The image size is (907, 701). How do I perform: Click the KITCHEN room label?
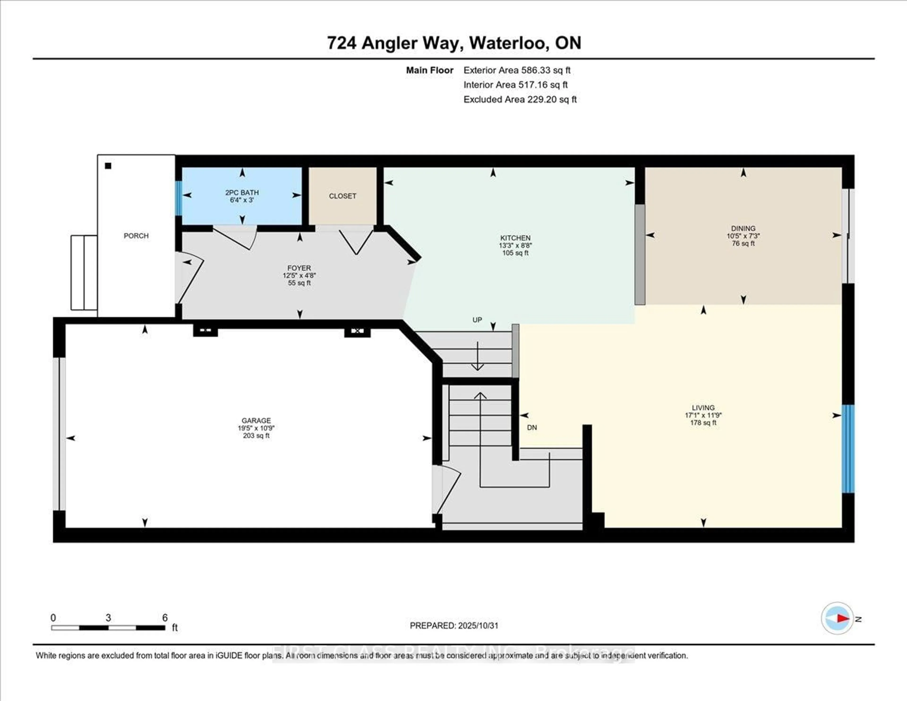point(515,238)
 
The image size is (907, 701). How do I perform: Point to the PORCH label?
point(136,236)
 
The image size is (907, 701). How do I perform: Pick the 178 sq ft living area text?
point(703,423)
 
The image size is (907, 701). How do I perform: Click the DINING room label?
point(743,228)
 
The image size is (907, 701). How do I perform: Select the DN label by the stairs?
point(532,427)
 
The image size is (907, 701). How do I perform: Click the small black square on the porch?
point(108,166)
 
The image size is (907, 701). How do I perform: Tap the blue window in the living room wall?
point(848,449)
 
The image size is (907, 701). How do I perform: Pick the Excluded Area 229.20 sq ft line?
point(520,99)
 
